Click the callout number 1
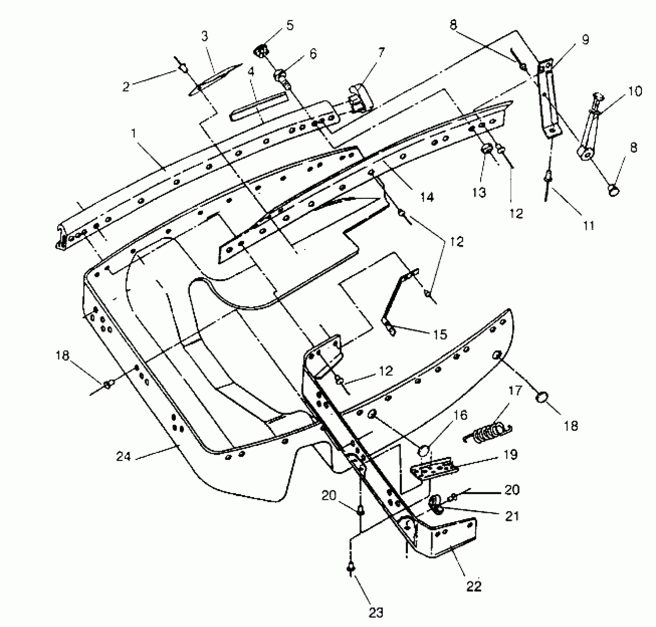point(134,134)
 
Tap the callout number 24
point(124,457)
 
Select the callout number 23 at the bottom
point(376,613)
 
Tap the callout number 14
point(427,197)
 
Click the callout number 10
point(635,91)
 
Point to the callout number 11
point(589,225)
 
